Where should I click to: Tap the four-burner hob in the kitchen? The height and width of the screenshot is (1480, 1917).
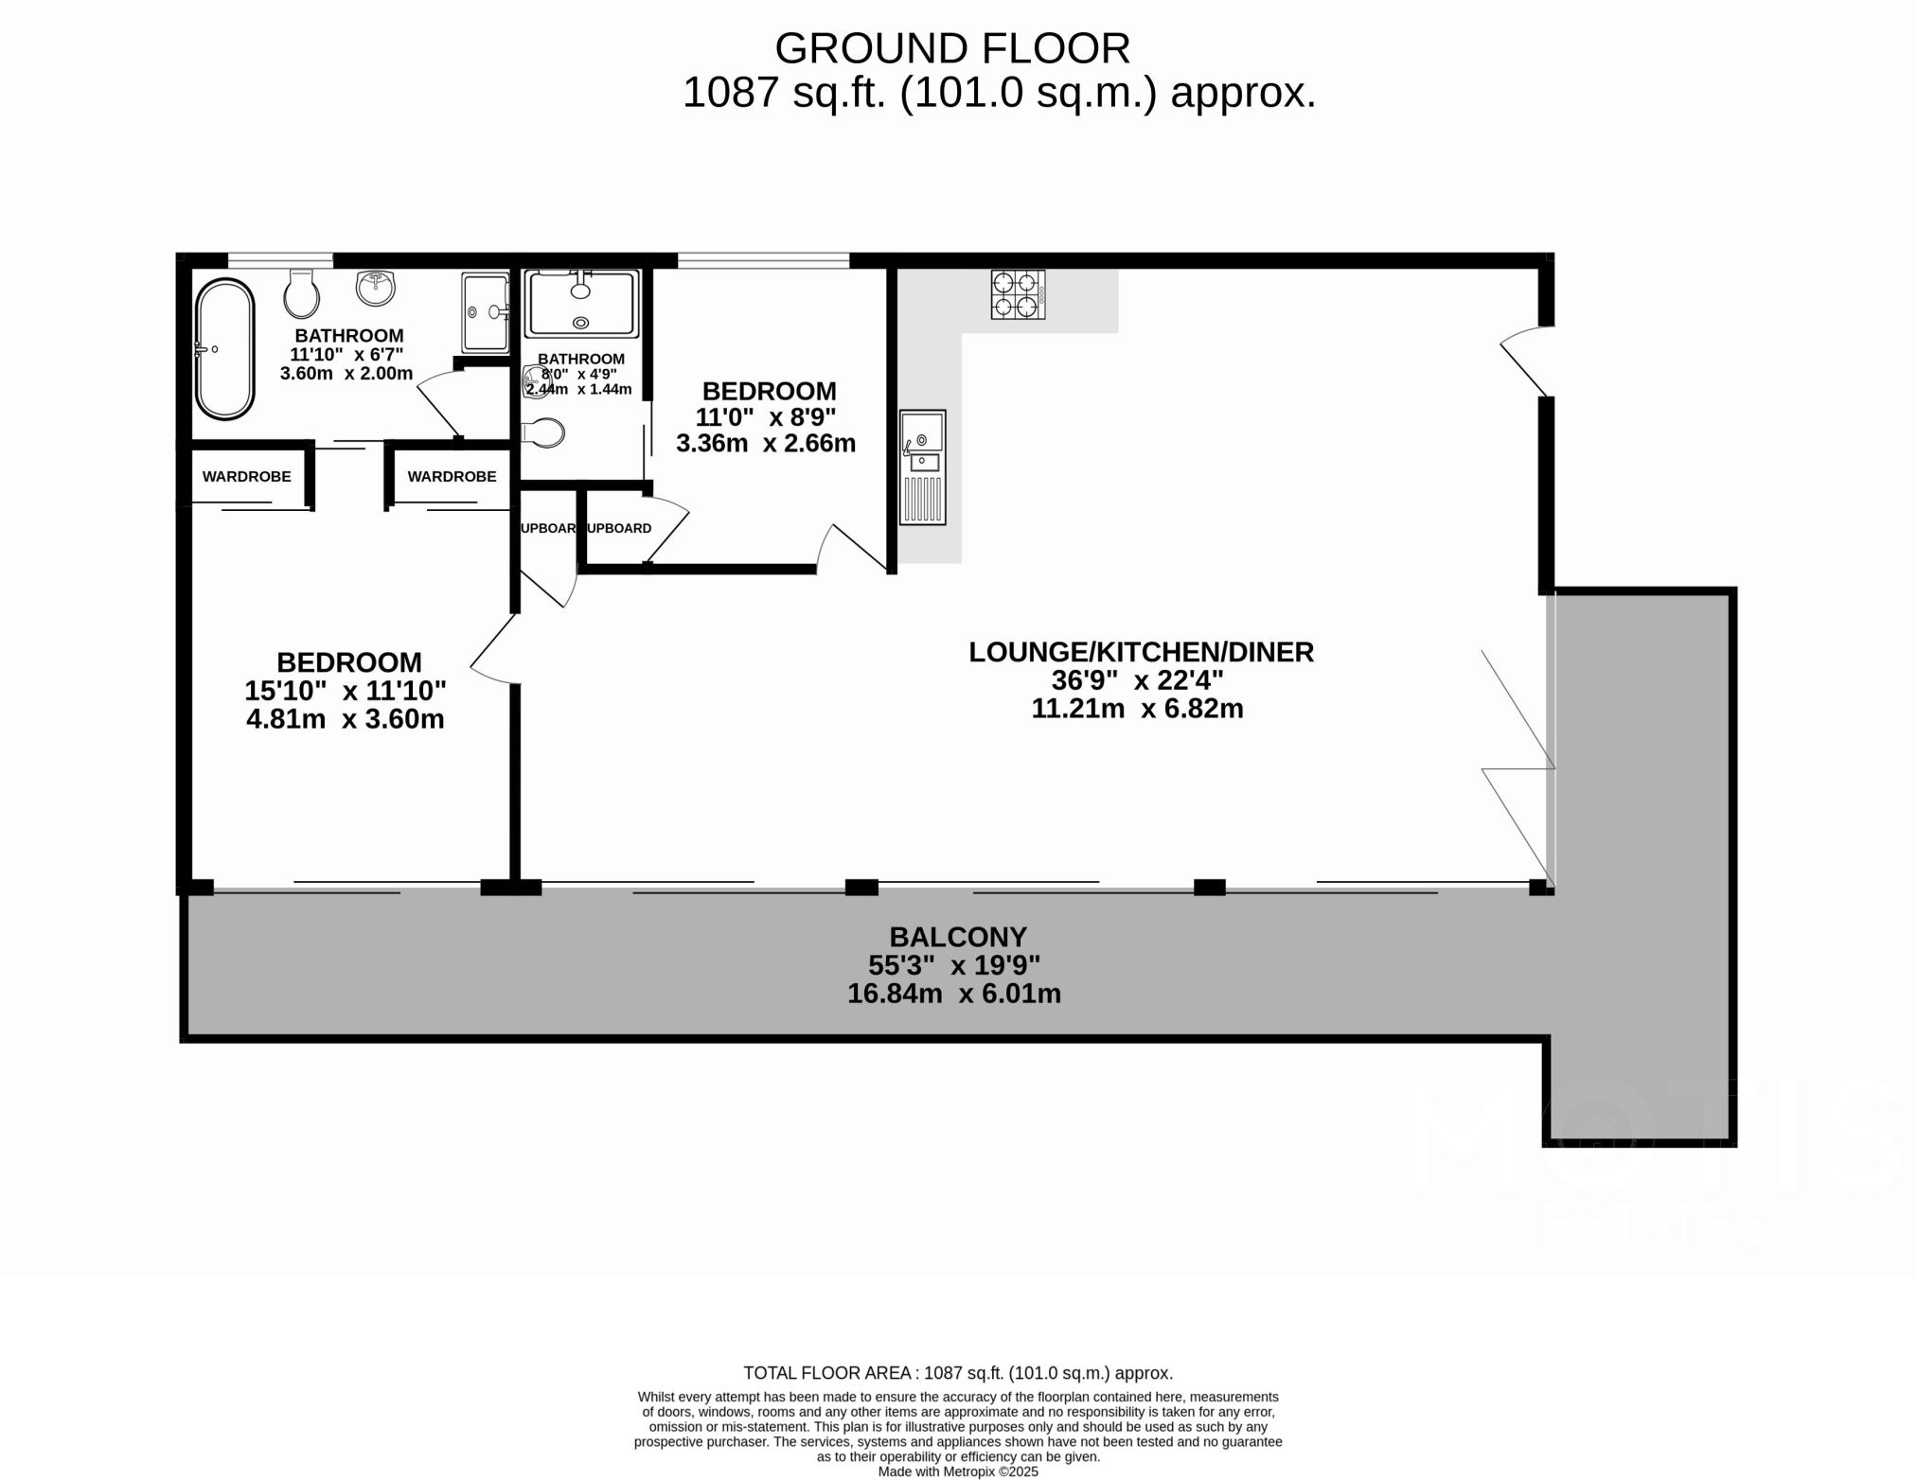point(1018,294)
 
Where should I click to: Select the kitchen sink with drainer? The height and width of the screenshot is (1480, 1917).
point(922,467)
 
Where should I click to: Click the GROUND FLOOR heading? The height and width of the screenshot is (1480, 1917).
point(951,48)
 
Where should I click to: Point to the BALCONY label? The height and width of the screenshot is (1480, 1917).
point(957,937)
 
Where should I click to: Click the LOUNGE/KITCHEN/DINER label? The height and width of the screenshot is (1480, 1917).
point(1141,652)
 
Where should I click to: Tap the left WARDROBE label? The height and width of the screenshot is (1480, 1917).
point(246,477)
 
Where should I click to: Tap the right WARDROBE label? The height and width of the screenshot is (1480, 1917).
point(452,477)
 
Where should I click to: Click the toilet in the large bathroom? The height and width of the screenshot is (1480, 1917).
point(301,294)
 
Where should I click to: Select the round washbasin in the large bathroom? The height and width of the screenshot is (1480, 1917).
point(376,288)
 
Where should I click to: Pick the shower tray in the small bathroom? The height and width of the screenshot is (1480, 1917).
point(581,303)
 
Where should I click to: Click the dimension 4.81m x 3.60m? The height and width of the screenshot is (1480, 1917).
point(345,719)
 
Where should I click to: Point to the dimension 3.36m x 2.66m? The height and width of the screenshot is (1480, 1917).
point(765,443)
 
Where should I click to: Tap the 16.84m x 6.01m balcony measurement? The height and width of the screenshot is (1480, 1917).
point(953,994)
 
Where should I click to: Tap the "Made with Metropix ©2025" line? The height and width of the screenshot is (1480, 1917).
point(957,1471)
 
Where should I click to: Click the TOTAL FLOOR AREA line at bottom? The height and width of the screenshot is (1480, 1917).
point(957,1373)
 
